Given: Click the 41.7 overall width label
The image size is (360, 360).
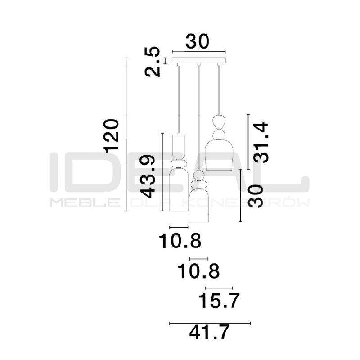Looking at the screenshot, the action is pos(209,332).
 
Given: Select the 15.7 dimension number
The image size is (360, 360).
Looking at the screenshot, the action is pos(219,301).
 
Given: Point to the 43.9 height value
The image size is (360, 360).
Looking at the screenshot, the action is pos(147,176).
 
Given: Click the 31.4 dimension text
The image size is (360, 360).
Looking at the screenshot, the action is pos(261,143).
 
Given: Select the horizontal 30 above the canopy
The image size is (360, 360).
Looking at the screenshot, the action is pos(198,41).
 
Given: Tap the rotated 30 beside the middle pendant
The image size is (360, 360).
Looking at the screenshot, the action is pos(255,196).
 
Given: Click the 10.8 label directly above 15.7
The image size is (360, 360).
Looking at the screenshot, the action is pos(198,272).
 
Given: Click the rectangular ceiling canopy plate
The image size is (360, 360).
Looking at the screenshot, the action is pos(199,60).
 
